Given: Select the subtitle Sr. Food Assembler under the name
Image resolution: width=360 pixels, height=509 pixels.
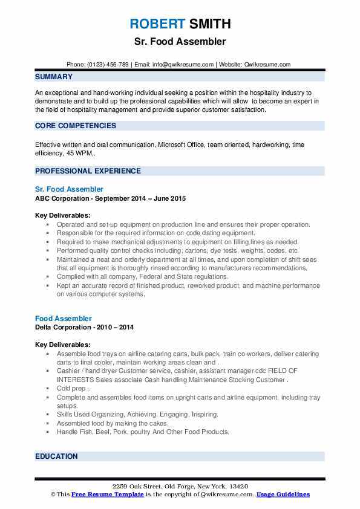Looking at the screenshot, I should click(x=180, y=42).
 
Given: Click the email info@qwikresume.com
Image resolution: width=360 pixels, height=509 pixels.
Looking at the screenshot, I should click(x=184, y=64).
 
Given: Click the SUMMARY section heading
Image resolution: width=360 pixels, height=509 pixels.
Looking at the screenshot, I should click(x=54, y=77).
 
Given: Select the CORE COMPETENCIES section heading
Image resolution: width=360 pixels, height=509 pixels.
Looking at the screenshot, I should click(x=76, y=126).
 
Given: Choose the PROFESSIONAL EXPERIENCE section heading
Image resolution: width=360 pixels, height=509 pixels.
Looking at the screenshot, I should click(x=88, y=171).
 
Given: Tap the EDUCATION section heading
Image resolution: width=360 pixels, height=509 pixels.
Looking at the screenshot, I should click(x=56, y=456).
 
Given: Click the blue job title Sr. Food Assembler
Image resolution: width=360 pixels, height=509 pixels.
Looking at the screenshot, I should click(x=69, y=189).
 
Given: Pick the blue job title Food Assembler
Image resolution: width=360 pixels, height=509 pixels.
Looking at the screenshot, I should click(x=64, y=318).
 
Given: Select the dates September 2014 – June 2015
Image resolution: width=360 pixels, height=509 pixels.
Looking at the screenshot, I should click(x=140, y=198).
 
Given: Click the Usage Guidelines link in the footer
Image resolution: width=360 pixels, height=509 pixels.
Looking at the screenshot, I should click(x=283, y=494).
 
